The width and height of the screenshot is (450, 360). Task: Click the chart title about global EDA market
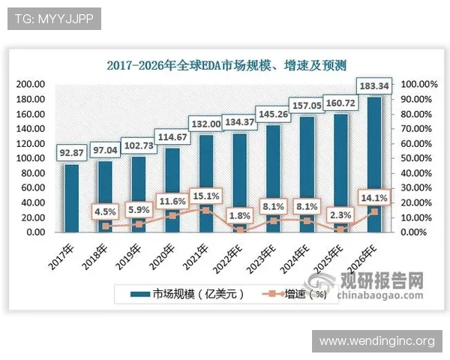tap(226, 65)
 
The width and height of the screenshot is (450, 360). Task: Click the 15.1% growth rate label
tap(208, 196)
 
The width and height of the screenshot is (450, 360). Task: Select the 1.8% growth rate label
tap(239, 216)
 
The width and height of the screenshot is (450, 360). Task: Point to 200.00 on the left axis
tap(31, 85)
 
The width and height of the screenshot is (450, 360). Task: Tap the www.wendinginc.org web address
tap(376, 341)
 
